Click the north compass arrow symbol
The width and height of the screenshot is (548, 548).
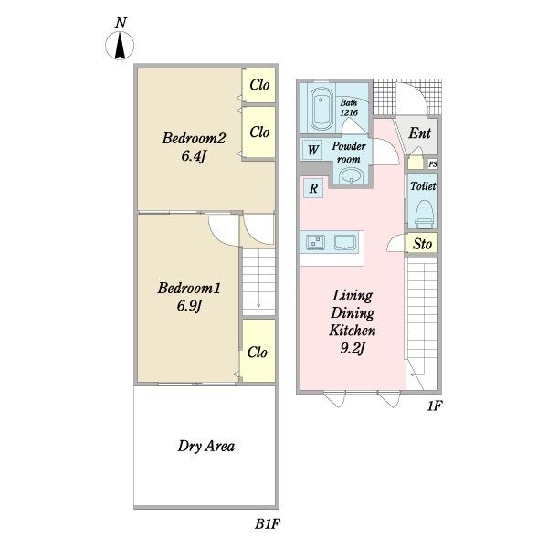(x=120, y=45)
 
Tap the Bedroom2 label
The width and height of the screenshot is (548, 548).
(x=194, y=138)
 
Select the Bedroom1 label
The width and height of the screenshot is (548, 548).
(x=189, y=288)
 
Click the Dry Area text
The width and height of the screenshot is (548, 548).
(x=206, y=447)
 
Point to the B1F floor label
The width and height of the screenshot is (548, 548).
(x=268, y=524)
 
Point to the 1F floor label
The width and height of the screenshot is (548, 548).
(x=435, y=406)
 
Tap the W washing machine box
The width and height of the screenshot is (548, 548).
(x=312, y=150)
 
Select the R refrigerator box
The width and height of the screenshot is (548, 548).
(x=313, y=188)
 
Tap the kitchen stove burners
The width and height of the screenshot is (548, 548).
(x=315, y=242)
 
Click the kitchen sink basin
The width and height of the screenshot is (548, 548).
(x=345, y=242)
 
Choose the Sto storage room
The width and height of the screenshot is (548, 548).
(x=421, y=243)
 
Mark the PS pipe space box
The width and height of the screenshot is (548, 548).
(x=433, y=163)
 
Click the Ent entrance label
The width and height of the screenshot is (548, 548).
(x=419, y=132)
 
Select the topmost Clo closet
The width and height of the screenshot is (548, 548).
(x=258, y=85)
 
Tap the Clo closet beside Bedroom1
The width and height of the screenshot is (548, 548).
(x=258, y=351)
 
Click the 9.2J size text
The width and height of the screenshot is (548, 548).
(x=353, y=348)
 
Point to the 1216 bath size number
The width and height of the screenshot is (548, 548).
(x=349, y=112)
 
